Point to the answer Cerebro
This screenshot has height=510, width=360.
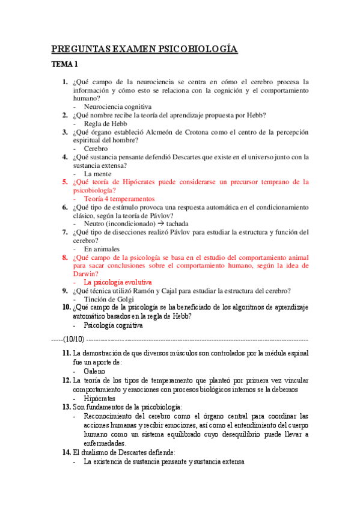96,148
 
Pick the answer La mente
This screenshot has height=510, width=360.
98,173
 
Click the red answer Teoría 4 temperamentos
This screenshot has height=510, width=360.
119,198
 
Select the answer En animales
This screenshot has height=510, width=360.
102,248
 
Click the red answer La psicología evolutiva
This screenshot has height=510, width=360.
117,281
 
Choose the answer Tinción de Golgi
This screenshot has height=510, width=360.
108,298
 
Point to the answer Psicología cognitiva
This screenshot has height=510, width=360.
113,325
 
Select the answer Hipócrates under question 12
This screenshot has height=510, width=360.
100,398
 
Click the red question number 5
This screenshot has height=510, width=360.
65,181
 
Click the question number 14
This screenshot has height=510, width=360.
66,451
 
